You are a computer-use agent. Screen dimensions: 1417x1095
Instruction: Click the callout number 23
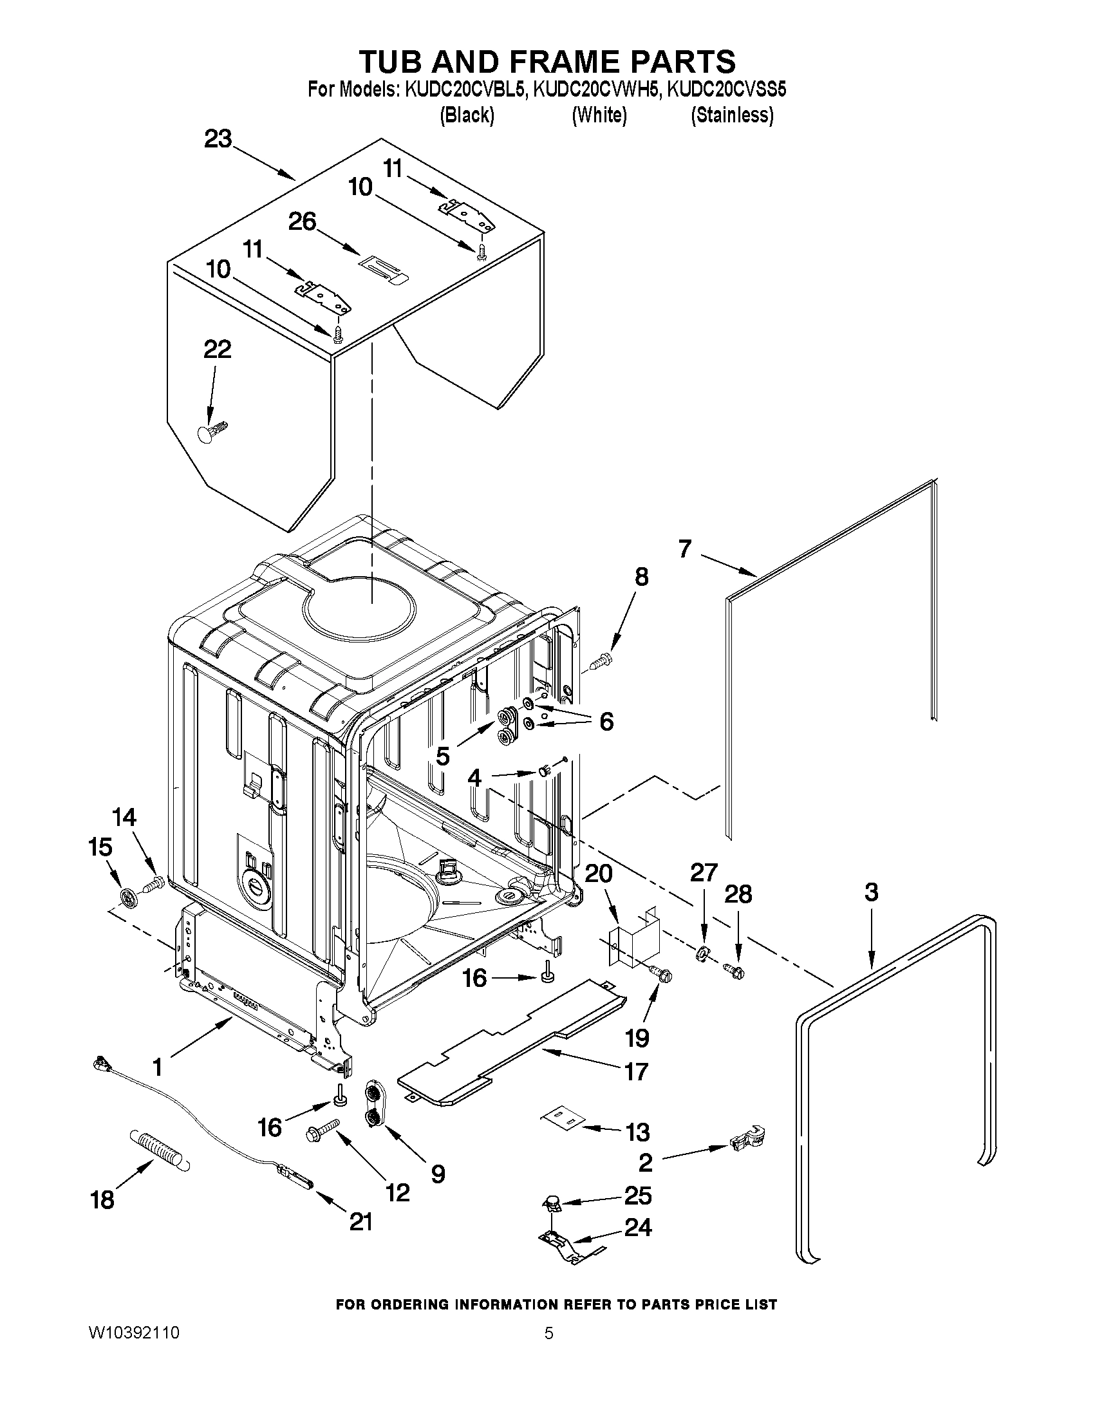pos(218,139)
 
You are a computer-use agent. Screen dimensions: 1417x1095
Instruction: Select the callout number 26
pos(303,222)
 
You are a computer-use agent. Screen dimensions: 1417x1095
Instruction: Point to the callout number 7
pos(685,550)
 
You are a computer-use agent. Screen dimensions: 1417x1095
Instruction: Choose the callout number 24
pos(638,1228)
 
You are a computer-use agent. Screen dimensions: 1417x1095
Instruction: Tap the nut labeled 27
pos(702,954)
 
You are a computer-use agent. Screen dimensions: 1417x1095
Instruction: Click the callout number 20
pos(598,873)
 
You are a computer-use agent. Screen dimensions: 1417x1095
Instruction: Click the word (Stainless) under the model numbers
pos(732,115)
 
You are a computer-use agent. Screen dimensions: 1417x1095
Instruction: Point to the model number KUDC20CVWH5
pos(596,89)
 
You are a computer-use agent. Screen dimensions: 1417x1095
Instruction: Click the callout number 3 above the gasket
pos(871,892)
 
